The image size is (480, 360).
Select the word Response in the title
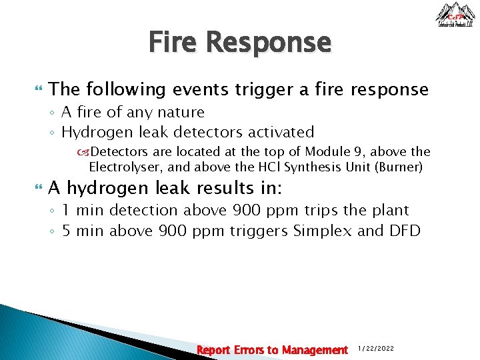click(268, 43)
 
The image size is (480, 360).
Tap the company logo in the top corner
click(455, 15)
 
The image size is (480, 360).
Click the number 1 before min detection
click(66, 211)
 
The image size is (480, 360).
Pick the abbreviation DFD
click(405, 231)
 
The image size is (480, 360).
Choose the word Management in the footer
click(315, 349)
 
